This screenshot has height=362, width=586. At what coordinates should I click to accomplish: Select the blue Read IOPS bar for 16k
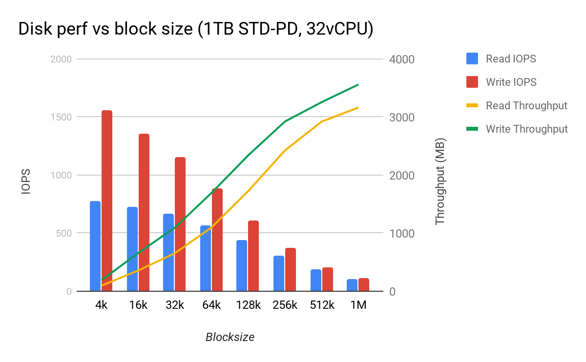pos(132,249)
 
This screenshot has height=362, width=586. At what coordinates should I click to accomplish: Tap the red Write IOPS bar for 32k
pos(180,224)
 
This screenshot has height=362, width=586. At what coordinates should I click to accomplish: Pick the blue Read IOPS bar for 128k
pos(242,266)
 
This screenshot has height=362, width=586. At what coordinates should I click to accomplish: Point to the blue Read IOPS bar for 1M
pos(352,285)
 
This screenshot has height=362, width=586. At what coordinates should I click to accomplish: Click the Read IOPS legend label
pos(511,59)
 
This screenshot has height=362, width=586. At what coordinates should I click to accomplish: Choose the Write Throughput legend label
pos(527,129)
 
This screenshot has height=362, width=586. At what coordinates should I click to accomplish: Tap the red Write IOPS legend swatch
pos(472,82)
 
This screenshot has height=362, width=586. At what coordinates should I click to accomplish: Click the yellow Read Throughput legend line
pos(472,105)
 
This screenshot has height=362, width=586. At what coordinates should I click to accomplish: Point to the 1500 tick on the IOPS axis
pos(62,117)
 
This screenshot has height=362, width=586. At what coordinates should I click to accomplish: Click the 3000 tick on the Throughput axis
pos(401,118)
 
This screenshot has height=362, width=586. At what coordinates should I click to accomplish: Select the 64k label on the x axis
pos(211,305)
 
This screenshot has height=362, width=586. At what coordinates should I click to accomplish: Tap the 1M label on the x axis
pos(358,305)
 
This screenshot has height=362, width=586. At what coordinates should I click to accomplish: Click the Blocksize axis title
pos(230,337)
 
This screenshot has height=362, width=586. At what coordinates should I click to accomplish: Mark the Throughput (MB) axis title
pos(440,181)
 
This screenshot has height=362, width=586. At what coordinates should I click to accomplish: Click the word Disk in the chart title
pos(36,30)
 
